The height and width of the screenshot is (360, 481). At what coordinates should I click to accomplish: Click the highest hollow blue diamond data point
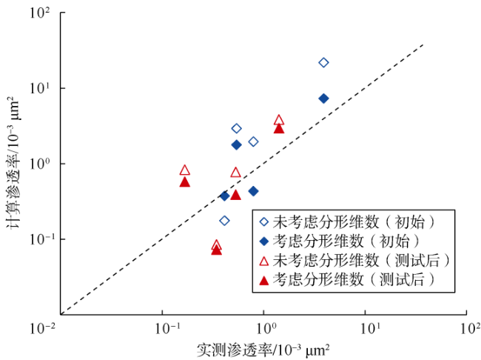click(323, 62)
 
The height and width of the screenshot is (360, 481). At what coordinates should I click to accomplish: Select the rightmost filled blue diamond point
click(323, 99)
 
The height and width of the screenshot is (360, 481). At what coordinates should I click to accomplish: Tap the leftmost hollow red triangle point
click(184, 170)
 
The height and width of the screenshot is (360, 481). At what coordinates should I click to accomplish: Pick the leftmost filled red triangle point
click(184, 182)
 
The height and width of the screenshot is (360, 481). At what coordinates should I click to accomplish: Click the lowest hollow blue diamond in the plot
click(224, 221)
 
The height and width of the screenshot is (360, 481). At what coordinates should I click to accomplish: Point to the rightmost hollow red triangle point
click(279, 120)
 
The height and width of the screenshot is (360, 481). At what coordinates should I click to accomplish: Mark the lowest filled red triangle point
click(216, 250)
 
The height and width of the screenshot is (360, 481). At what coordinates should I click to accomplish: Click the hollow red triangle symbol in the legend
click(263, 260)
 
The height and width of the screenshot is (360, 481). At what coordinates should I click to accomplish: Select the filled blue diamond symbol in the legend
click(263, 241)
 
